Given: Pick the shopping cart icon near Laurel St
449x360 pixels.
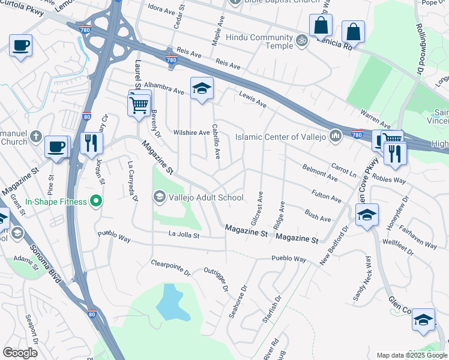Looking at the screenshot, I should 139,105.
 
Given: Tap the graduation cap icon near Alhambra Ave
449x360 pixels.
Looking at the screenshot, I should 202,89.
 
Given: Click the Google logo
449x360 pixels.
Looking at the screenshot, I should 20,353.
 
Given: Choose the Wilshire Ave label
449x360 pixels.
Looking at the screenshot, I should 191,133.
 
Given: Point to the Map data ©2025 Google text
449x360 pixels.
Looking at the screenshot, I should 411,355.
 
